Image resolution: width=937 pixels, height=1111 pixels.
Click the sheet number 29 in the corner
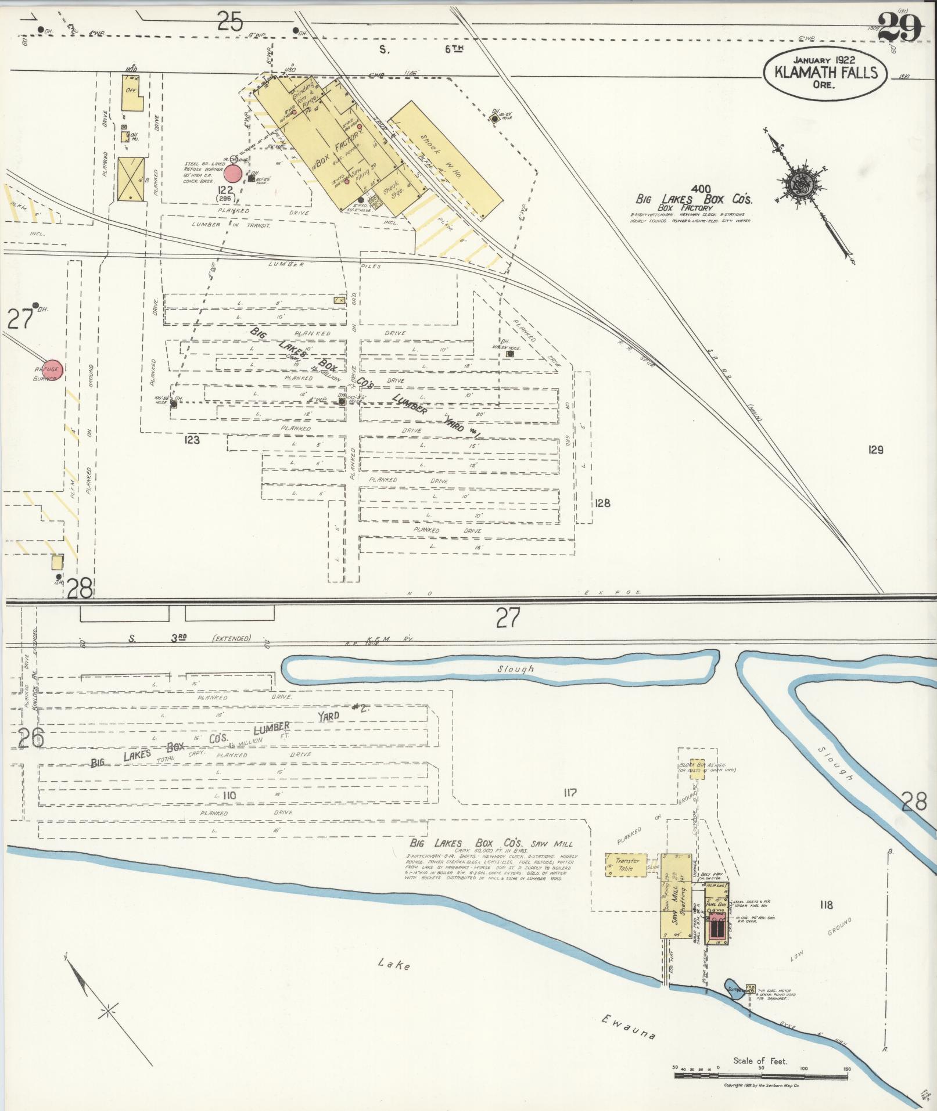pos(900,27)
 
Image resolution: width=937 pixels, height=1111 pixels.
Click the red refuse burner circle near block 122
pos(233,173)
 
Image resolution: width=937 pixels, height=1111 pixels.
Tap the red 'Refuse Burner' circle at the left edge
pos(48,369)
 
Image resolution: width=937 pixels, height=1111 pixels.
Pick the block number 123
pos(191,440)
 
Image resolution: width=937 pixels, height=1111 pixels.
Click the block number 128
pos(602,503)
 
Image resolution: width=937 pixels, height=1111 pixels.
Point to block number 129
pos(875,449)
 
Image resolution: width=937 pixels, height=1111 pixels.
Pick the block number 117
pos(569,792)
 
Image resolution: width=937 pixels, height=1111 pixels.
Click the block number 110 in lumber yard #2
pos(229,794)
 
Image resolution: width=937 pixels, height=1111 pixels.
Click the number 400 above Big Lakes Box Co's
pos(701,189)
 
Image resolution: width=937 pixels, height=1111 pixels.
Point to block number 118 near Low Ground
pos(825,904)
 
